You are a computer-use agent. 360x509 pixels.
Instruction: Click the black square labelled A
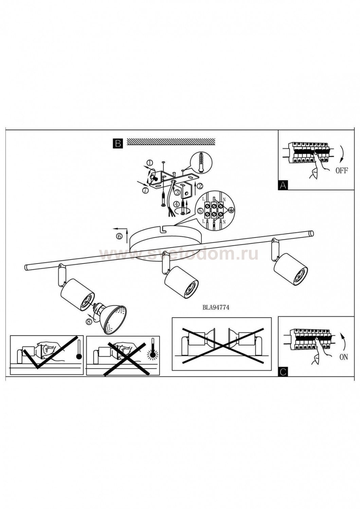point(283,185)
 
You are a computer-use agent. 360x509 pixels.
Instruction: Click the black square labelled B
point(118,144)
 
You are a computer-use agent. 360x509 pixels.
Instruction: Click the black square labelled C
point(283,372)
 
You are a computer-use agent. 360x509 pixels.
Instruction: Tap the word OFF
point(342,171)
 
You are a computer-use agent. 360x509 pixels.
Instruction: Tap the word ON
point(344,357)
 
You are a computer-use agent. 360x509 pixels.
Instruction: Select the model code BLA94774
point(216,308)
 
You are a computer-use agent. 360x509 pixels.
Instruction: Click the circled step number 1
point(149,163)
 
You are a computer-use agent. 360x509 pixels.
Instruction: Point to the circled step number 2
point(200,186)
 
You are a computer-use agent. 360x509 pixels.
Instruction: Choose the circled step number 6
point(119,236)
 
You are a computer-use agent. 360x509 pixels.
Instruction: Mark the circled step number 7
point(146,190)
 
